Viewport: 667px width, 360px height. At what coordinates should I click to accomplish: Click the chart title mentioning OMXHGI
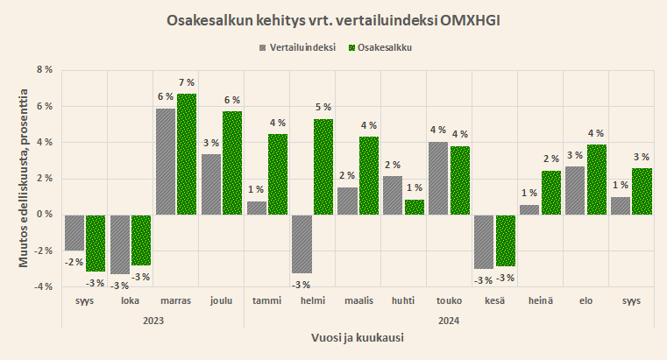point(333,19)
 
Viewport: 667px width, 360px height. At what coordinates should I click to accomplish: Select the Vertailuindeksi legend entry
point(302,47)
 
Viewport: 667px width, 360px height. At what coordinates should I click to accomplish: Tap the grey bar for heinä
point(529,209)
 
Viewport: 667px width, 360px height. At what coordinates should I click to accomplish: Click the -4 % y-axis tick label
point(43,286)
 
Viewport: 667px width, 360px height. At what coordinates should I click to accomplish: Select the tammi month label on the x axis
point(267,300)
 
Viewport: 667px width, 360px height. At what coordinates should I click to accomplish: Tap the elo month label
point(585,300)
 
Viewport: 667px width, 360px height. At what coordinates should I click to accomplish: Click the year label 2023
point(153,321)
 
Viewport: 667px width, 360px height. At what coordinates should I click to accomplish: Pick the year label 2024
point(448,321)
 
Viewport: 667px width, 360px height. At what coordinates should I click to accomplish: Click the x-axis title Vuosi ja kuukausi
point(358,337)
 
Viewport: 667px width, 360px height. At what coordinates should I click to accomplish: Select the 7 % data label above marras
point(188,84)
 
